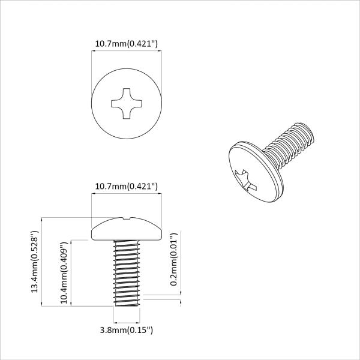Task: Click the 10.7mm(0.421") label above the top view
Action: (x=126, y=44)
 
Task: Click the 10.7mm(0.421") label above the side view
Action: (x=126, y=187)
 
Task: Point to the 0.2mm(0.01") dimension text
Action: (x=173, y=260)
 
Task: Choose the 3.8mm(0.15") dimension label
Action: (x=127, y=329)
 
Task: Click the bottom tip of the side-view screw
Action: (x=126, y=305)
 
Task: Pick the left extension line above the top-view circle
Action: (x=91, y=72)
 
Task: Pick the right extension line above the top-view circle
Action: (x=161, y=72)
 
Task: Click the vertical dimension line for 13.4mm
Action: (x=42, y=262)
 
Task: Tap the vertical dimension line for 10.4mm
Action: (x=72, y=273)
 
